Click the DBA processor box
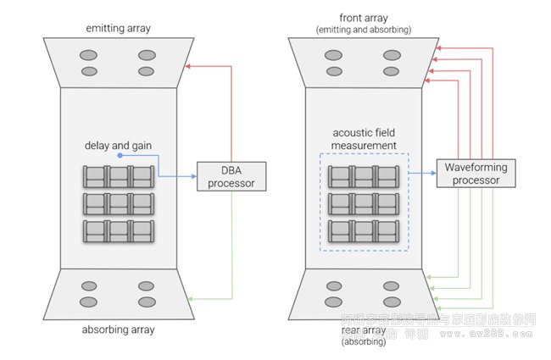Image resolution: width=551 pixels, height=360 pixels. pos(231,175)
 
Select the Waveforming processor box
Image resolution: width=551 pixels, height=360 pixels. pos(471,174)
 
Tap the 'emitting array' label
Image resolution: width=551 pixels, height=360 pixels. pos(118,28)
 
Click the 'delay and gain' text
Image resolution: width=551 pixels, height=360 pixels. pos(119,146)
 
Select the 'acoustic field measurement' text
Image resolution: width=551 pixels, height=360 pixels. pos(365,140)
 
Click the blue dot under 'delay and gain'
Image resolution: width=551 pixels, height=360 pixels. pos(120,156)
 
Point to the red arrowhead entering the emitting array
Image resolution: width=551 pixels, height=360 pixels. pos(188,65)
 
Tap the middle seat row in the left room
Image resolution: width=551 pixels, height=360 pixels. pos(118,203)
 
